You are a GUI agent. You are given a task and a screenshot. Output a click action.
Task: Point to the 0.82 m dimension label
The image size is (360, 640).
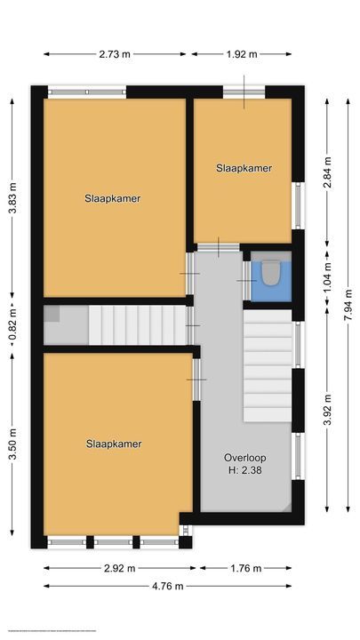pyautogui.click(x=12, y=325)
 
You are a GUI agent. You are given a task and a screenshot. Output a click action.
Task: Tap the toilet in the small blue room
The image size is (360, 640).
pyautogui.click(x=270, y=272)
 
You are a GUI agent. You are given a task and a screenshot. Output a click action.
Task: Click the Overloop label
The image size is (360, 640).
pyautogui.click(x=244, y=458)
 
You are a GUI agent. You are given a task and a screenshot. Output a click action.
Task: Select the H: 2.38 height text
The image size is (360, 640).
pyautogui.click(x=244, y=473)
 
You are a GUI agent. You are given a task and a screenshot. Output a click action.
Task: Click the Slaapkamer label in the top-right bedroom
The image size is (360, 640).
pyautogui.click(x=244, y=167)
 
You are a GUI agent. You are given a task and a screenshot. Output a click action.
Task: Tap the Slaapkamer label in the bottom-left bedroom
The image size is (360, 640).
pyautogui.click(x=114, y=444)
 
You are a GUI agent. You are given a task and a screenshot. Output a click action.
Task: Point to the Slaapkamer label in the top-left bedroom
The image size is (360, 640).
pyautogui.click(x=113, y=198)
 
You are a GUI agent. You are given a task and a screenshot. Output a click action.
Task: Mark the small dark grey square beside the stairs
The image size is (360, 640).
pyautogui.click(x=52, y=313)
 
